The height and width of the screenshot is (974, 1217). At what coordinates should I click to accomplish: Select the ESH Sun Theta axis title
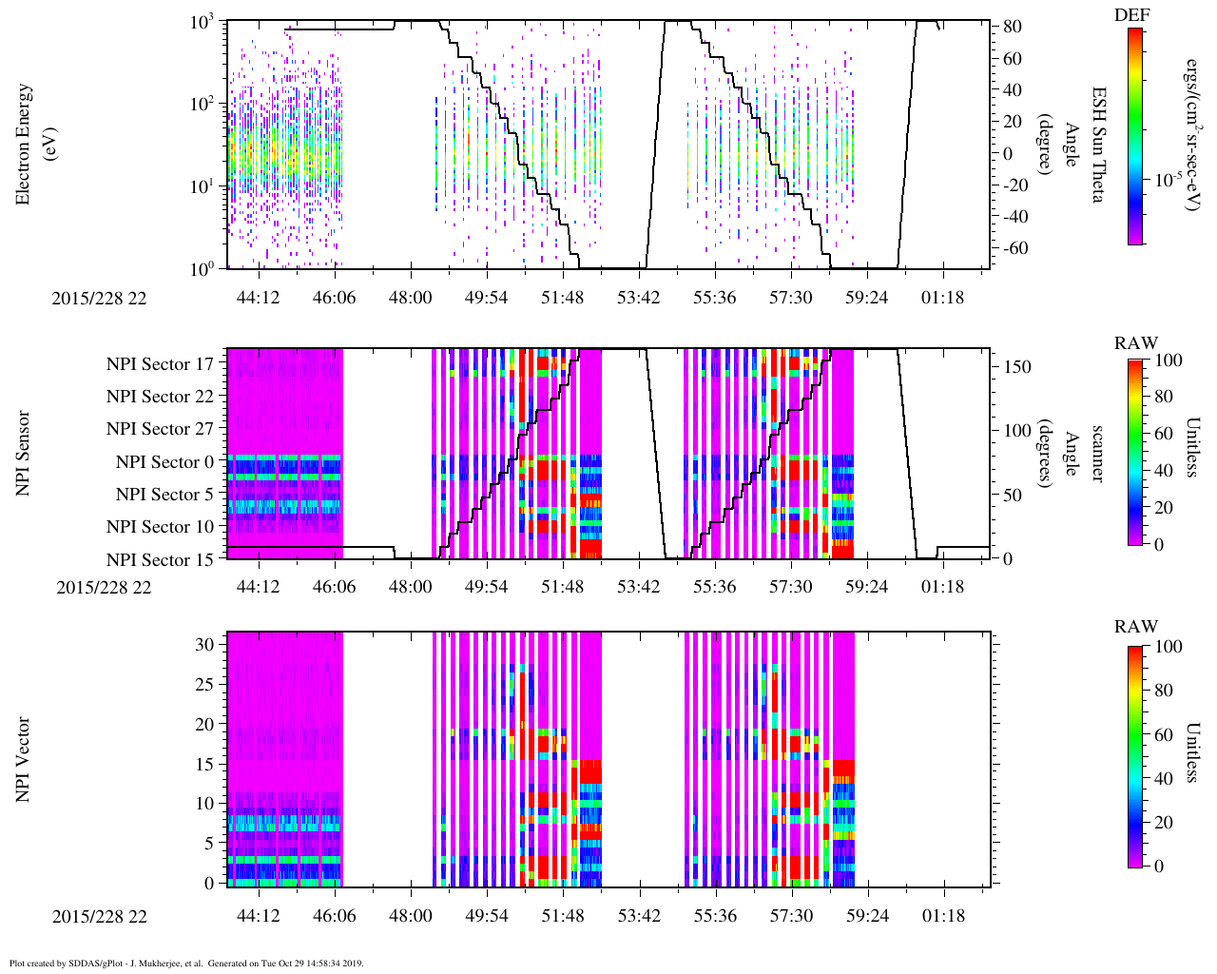[x=1097, y=145]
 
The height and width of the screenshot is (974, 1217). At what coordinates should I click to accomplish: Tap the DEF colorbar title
[x=1131, y=14]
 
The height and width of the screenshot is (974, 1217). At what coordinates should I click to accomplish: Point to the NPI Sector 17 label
[x=160, y=363]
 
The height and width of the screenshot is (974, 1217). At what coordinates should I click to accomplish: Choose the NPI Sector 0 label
[x=164, y=462]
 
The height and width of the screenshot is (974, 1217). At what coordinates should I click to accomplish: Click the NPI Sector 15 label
[x=160, y=560]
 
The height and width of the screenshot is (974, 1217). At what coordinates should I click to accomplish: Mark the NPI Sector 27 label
[x=160, y=429]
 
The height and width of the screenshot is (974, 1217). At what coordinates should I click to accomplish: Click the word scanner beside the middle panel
[x=1096, y=453]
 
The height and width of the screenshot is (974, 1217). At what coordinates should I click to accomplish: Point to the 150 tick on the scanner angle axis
[x=1017, y=366]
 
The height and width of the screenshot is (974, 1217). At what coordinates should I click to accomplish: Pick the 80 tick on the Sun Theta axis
[x=1013, y=27]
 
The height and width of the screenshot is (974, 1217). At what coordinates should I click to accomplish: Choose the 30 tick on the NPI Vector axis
[x=205, y=644]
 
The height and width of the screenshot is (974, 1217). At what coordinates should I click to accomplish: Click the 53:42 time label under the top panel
[x=638, y=298]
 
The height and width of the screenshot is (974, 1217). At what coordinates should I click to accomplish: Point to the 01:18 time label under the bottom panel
[x=942, y=916]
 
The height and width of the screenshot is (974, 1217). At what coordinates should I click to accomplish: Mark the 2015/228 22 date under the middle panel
[x=104, y=587]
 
